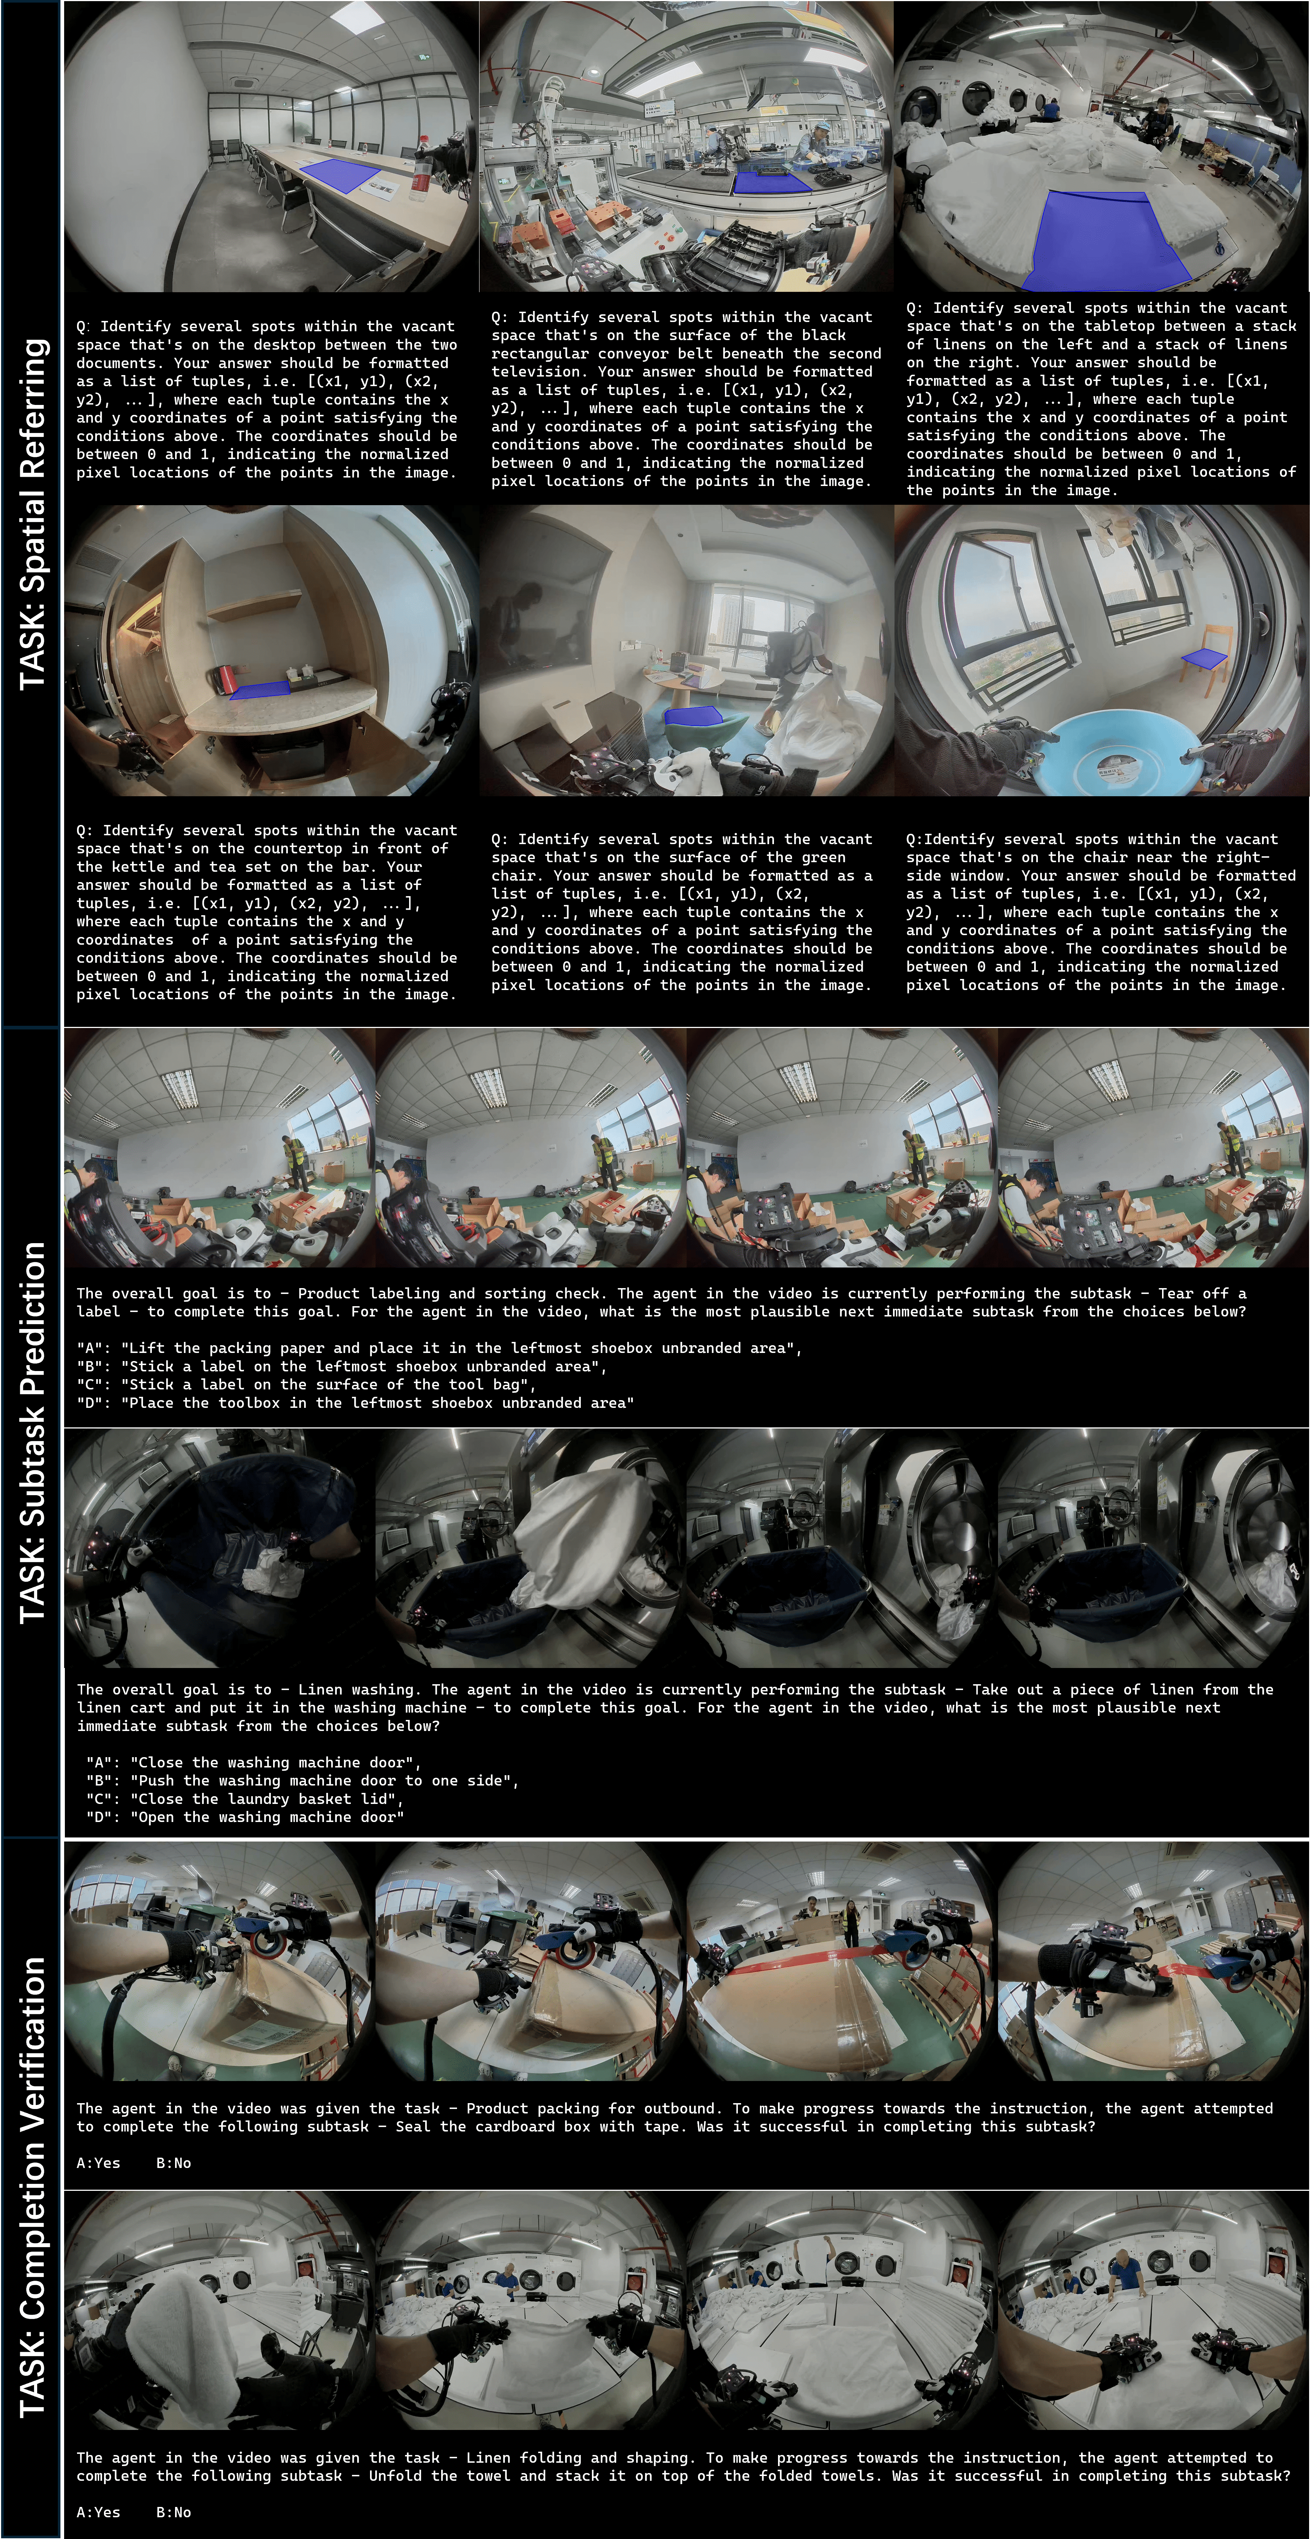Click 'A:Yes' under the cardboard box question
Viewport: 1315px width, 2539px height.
click(98, 2162)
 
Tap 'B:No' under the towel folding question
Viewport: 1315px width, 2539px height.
click(174, 2511)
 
